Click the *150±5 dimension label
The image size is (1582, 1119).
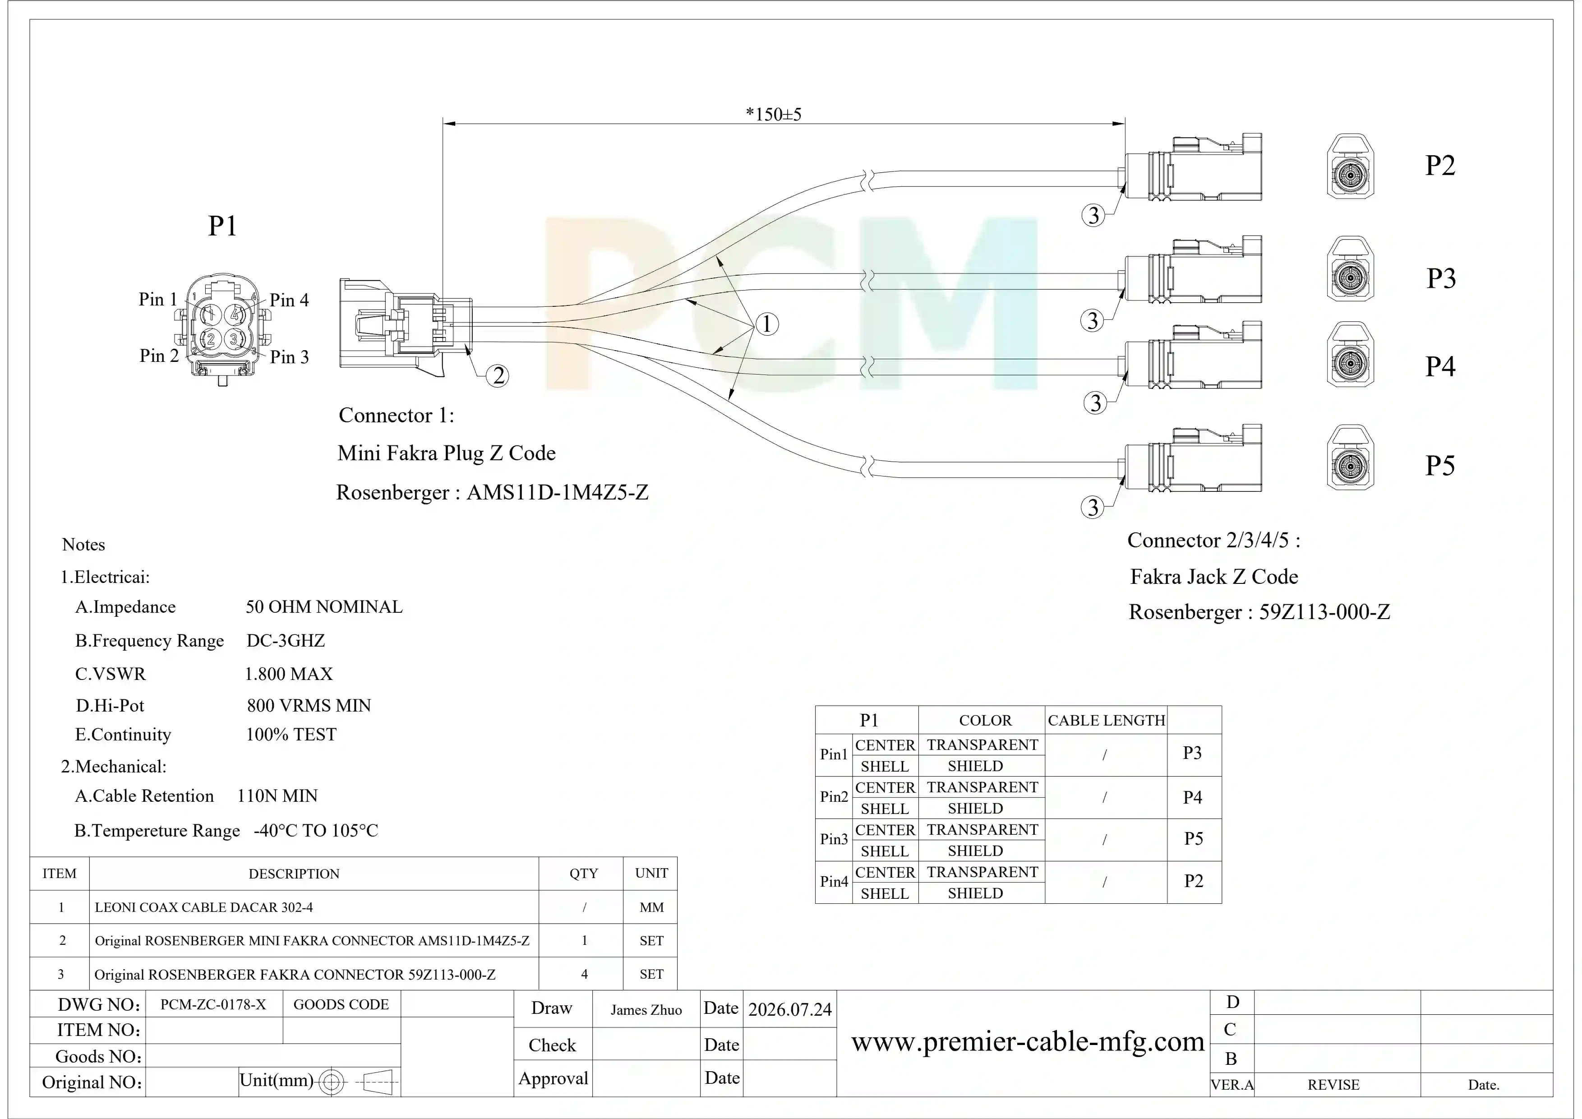(773, 114)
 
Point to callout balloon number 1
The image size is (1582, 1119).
(767, 324)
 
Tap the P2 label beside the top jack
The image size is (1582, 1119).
(1440, 166)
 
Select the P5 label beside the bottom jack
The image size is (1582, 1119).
(1440, 466)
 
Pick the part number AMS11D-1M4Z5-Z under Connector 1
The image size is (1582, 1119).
(558, 493)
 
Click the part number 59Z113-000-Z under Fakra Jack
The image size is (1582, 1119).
(1325, 612)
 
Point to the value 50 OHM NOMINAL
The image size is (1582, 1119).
(324, 607)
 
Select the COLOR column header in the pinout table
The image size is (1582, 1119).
(985, 721)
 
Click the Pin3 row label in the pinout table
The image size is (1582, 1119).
(834, 839)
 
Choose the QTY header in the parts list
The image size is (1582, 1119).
(584, 874)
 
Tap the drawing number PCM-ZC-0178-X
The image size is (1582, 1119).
(213, 1005)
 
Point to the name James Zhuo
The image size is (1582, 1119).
(646, 1010)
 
